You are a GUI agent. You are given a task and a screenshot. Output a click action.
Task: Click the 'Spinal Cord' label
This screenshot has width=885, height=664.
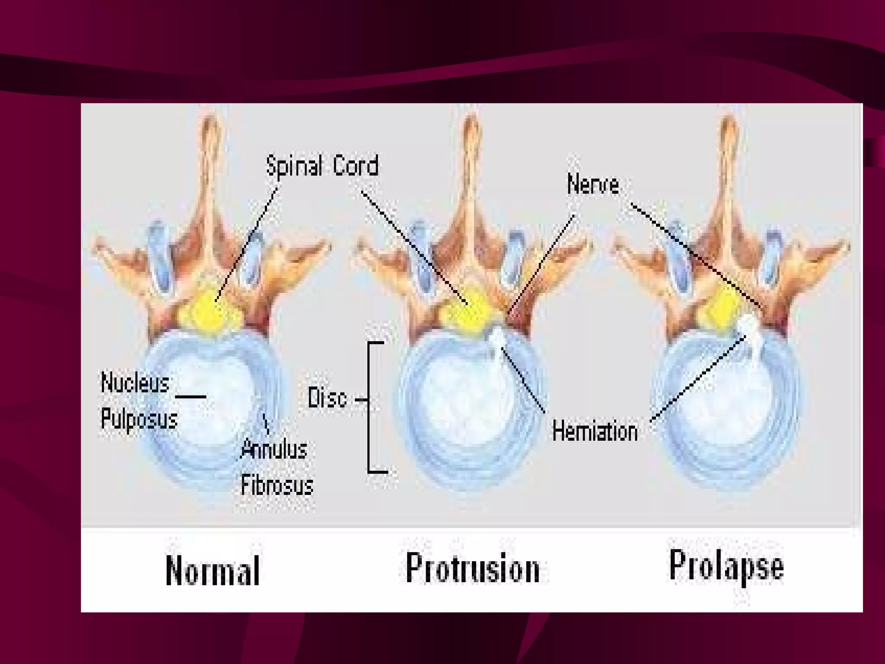click(x=322, y=166)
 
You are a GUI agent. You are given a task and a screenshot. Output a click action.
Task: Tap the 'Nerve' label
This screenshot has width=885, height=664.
click(x=593, y=185)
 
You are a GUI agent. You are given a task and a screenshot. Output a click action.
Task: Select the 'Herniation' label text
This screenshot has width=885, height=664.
click(x=595, y=432)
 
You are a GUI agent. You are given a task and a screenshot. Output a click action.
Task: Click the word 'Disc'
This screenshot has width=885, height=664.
click(x=327, y=398)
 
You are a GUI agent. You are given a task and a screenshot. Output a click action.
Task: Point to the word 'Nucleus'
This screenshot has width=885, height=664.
click(x=135, y=383)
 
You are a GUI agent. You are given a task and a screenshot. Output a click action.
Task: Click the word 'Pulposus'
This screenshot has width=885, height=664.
click(x=139, y=419)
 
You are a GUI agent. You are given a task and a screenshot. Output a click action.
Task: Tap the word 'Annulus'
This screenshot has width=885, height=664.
click(x=274, y=449)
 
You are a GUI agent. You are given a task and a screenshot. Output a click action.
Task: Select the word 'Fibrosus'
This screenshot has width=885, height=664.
click(x=277, y=485)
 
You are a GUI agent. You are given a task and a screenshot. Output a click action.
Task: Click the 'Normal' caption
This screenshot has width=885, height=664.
click(x=213, y=571)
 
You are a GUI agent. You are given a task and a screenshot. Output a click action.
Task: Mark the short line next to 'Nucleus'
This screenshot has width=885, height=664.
click(x=191, y=396)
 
